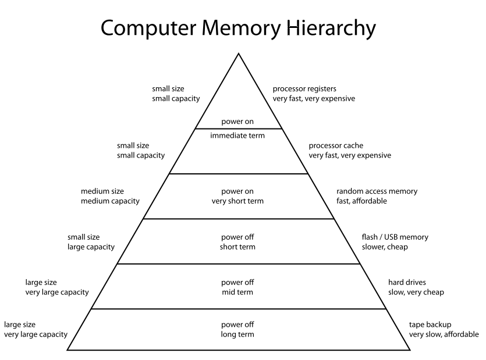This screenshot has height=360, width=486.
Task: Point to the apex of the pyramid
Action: click(238, 54)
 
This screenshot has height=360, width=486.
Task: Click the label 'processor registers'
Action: click(304, 89)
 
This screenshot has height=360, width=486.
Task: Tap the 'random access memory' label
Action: click(377, 191)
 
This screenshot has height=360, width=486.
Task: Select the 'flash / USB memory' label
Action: click(395, 237)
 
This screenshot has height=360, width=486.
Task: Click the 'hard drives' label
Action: click(407, 283)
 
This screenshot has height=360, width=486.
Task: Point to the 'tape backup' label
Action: click(430, 324)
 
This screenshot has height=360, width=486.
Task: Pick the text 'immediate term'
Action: click(237, 136)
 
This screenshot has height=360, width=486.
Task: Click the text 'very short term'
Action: click(237, 201)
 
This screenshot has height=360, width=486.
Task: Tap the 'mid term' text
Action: click(237, 293)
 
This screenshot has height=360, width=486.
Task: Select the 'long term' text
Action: click(237, 334)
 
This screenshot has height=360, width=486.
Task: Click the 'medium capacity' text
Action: click(110, 201)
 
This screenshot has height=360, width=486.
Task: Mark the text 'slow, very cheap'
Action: click(416, 293)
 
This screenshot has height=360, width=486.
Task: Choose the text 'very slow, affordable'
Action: click(444, 334)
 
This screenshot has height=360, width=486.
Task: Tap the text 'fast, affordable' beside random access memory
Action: click(361, 201)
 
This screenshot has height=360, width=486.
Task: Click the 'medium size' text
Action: click(102, 191)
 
